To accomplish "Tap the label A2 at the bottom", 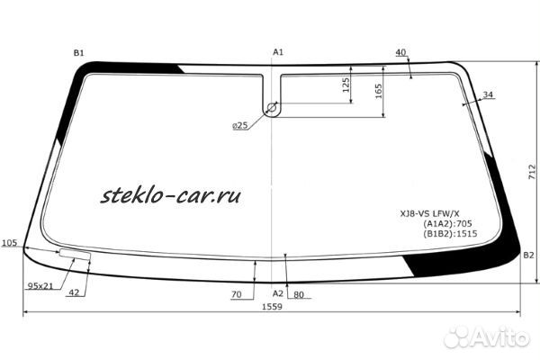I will tap(278, 294).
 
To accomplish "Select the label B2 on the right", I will tap(528, 256).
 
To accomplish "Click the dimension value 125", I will tap(346, 86).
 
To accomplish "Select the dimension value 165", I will tap(379, 92).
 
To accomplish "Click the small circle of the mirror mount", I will tap(272, 110).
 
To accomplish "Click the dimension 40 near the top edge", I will tap(400, 52).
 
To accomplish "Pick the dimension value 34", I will tap(488, 94).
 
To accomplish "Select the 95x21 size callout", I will tap(40, 285).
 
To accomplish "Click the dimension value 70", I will tap(237, 294).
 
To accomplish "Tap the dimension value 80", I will tap(299, 294).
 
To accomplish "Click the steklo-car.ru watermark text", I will tap(172, 193).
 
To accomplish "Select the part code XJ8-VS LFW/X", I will tap(429, 213).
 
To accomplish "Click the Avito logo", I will tap(487, 337).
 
